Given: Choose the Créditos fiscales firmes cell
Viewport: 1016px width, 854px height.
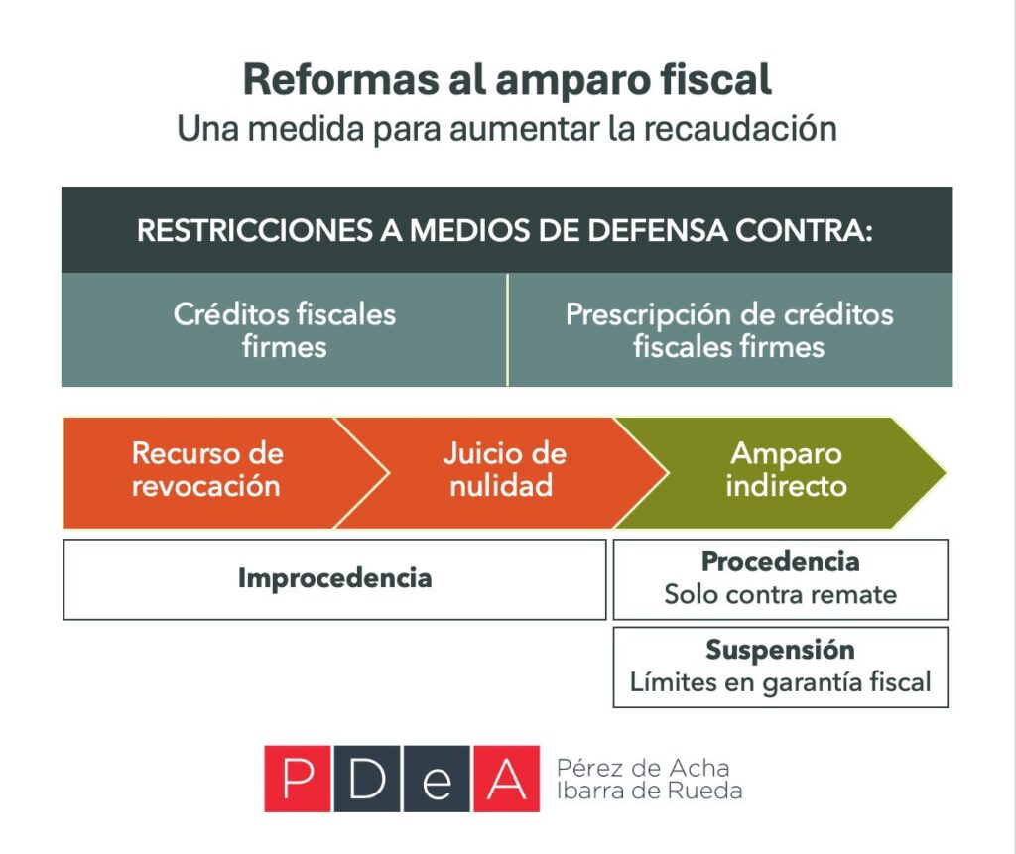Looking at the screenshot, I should click(x=284, y=330).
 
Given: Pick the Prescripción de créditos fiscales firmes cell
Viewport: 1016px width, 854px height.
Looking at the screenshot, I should click(x=729, y=330).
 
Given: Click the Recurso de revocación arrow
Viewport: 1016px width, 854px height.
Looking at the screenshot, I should click(x=206, y=470).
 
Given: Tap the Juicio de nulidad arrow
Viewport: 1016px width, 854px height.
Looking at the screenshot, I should click(x=503, y=470).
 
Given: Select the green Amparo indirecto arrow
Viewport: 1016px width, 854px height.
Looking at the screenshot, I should click(x=785, y=470).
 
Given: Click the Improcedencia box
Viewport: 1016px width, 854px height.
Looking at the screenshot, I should click(x=334, y=579).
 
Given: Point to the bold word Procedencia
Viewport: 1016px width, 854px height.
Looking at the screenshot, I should click(x=780, y=561).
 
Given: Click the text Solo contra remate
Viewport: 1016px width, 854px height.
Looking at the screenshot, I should click(x=780, y=595).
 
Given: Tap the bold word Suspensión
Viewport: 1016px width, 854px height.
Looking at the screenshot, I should click(x=780, y=650).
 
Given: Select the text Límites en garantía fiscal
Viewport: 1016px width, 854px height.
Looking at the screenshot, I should click(x=780, y=682).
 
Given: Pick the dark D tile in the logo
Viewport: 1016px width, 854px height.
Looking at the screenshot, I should click(x=366, y=779).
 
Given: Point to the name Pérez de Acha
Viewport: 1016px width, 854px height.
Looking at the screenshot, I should click(x=643, y=768).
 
